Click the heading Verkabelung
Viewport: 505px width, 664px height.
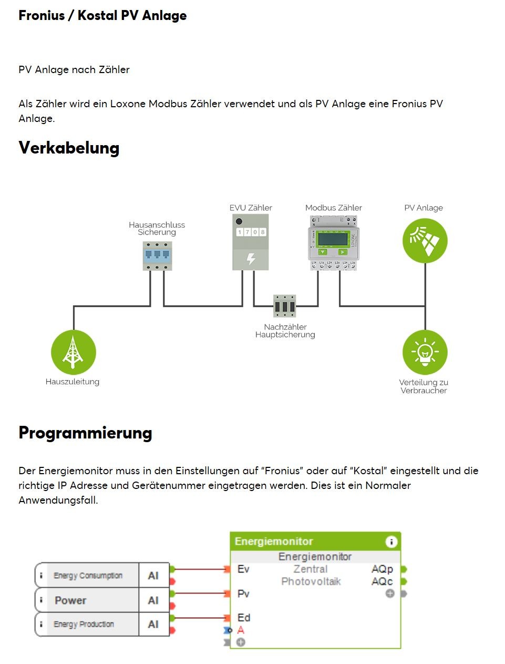pyautogui.click(x=69, y=148)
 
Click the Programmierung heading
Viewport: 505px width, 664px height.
pyautogui.click(x=85, y=433)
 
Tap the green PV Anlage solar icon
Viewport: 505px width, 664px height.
pyautogui.click(x=425, y=241)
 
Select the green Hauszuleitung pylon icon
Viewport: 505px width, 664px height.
pyautogui.click(x=74, y=352)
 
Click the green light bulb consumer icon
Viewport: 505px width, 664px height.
pyautogui.click(x=425, y=352)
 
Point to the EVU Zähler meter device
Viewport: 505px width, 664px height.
pyautogui.click(x=251, y=242)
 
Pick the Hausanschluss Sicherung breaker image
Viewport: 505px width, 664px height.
pyautogui.click(x=158, y=256)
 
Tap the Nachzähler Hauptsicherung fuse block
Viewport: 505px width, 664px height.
pyautogui.click(x=285, y=306)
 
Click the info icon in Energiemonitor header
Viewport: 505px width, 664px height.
pyautogui.click(x=391, y=542)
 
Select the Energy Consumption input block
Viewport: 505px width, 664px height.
pyautogui.click(x=88, y=576)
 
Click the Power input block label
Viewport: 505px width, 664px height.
pyautogui.click(x=70, y=600)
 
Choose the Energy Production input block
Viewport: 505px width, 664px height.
pyautogui.click(x=84, y=624)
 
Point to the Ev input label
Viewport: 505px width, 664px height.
pyautogui.click(x=243, y=569)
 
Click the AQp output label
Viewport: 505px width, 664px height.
pyautogui.click(x=382, y=569)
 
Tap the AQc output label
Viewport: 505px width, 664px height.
pyautogui.click(x=382, y=581)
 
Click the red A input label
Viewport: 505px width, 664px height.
pyautogui.click(x=241, y=630)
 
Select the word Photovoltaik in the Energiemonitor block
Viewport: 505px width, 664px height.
pyautogui.click(x=311, y=581)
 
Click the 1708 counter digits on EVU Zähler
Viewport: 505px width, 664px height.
pyautogui.click(x=251, y=232)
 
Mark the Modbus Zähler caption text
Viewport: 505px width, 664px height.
pyautogui.click(x=334, y=208)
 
